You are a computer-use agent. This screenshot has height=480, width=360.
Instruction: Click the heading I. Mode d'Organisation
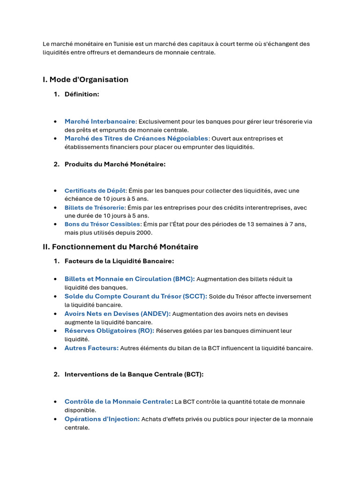[x=85, y=80]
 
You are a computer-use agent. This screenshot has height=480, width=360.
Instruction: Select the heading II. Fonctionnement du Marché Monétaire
[x=120, y=247]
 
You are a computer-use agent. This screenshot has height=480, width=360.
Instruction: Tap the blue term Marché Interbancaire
[x=100, y=121]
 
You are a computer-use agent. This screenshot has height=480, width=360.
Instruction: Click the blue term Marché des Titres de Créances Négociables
[x=136, y=138]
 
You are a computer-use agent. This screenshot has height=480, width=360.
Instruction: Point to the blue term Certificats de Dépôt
[x=96, y=191]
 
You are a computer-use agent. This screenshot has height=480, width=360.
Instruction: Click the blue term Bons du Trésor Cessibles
[x=102, y=225]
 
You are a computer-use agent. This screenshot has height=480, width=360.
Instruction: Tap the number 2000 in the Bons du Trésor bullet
[x=144, y=232]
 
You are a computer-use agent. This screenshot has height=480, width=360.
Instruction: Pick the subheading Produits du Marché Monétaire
[x=115, y=164]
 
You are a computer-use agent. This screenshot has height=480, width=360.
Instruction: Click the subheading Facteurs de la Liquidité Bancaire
[x=119, y=261]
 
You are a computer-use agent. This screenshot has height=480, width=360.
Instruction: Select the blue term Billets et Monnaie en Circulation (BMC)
[x=129, y=279]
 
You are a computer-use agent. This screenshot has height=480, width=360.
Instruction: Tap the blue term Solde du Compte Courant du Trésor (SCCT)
[x=135, y=296]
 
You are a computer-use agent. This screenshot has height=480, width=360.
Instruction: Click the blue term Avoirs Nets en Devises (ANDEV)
[x=117, y=314]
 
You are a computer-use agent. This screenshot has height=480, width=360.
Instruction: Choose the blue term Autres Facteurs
[x=91, y=348]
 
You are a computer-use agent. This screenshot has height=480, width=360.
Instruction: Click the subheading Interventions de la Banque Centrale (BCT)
[x=134, y=375]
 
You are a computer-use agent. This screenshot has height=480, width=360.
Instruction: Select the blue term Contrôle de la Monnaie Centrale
[x=118, y=402]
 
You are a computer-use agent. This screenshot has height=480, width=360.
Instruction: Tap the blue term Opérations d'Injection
[x=102, y=419]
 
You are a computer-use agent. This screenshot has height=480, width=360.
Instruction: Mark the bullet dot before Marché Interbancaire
[x=55, y=122]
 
